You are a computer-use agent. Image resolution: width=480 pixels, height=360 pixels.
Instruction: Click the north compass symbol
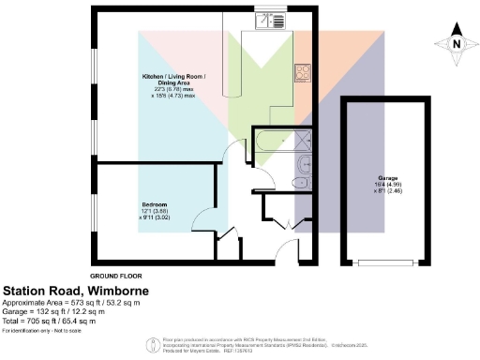(456, 42)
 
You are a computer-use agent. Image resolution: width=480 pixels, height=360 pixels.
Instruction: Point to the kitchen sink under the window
(265, 24)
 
